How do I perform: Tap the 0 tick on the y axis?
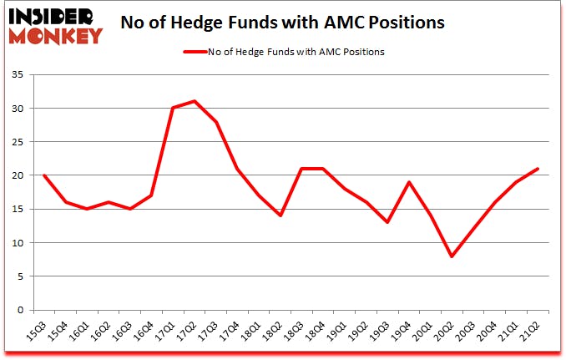[25, 310]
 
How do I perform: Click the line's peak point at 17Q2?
[195, 101]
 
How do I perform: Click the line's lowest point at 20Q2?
[452, 256]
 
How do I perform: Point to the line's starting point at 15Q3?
[43, 175]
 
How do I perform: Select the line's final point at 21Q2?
[538, 169]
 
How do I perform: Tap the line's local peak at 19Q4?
[409, 182]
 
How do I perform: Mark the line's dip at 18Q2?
[280, 215]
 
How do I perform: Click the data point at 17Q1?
[173, 108]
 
